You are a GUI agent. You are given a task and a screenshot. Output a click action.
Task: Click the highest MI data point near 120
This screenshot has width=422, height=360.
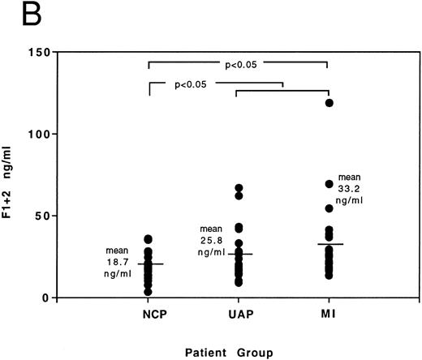click(x=329, y=103)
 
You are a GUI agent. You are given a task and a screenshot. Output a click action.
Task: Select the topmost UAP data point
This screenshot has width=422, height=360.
click(x=239, y=188)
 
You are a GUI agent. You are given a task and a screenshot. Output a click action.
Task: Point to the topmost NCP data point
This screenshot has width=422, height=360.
click(x=148, y=239)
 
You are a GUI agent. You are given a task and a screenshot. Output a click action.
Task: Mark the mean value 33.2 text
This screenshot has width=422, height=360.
click(x=351, y=188)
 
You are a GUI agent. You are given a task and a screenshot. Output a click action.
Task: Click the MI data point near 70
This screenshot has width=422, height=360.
click(x=329, y=184)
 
